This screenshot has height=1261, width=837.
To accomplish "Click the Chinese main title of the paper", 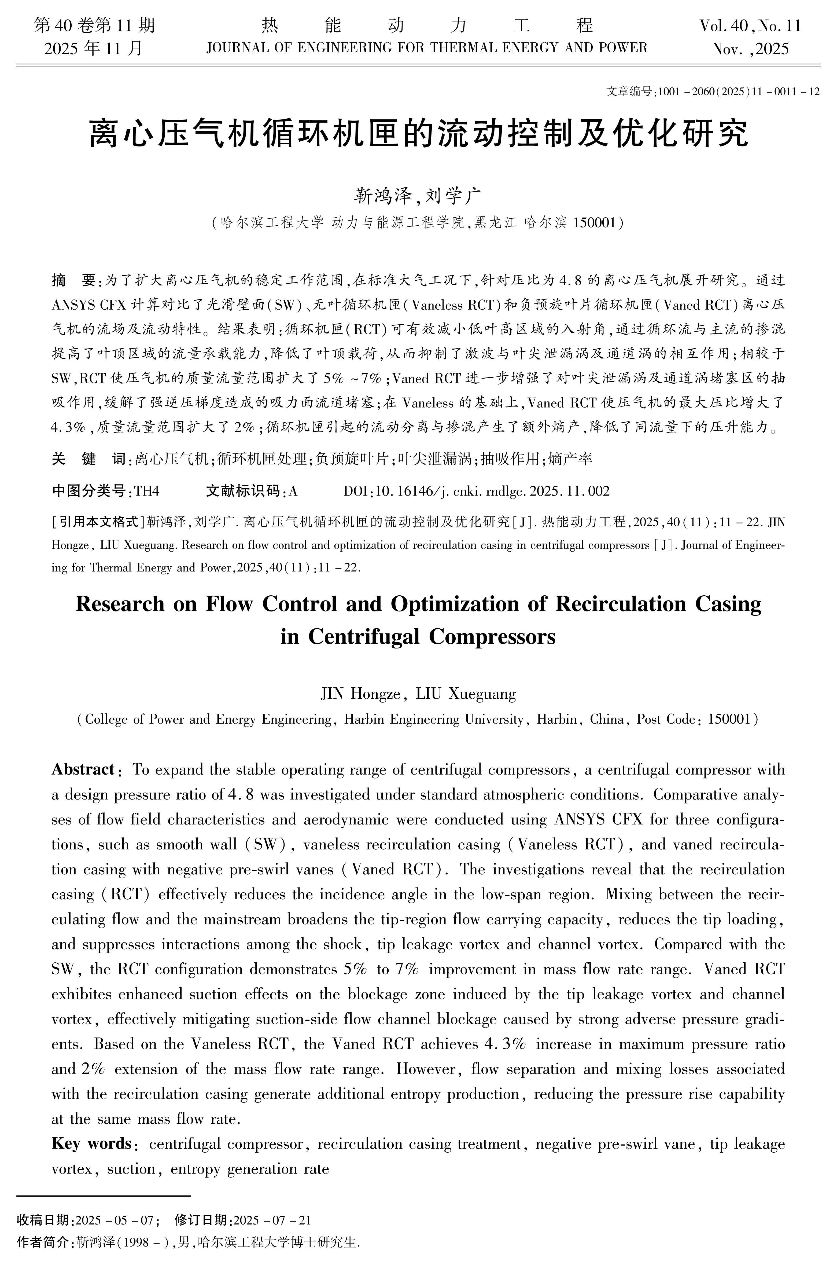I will tap(418, 133).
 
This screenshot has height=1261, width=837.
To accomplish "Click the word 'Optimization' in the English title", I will tap(468, 604).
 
